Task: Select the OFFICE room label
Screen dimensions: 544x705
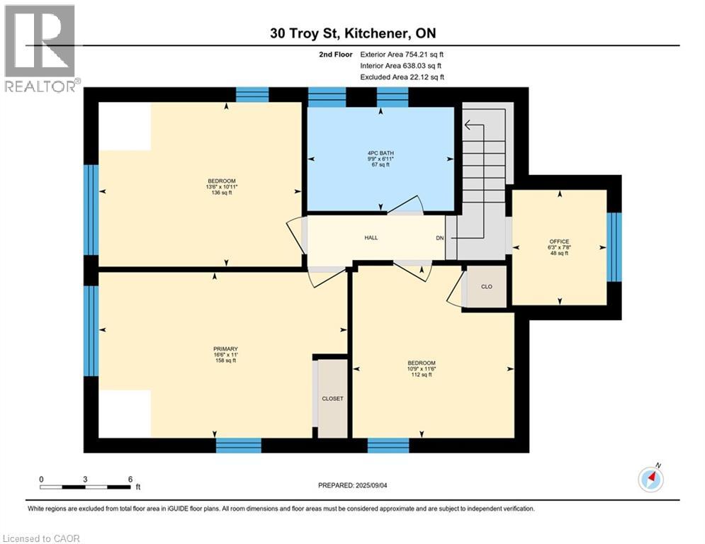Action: pos(559,242)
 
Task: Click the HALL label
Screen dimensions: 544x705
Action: pos(371,237)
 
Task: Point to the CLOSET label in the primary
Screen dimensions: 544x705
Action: pos(332,399)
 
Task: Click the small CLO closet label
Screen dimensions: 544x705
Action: pos(486,287)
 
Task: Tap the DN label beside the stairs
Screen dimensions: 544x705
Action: pos(440,238)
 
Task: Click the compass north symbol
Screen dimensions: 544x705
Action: pos(650,480)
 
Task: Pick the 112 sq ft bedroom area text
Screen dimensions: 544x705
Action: pos(421,375)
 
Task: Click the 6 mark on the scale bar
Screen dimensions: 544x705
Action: pos(130,479)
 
